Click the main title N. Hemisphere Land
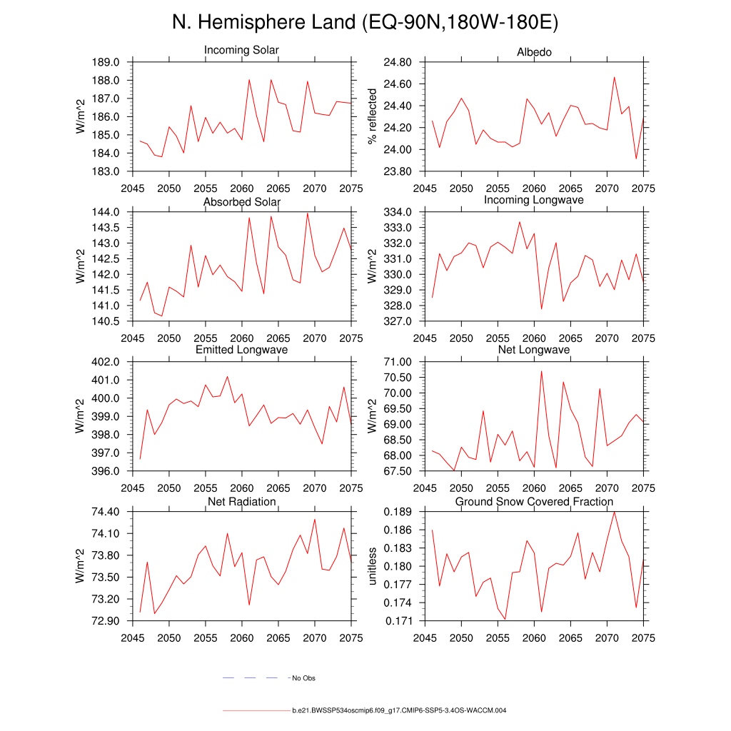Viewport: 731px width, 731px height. tap(365, 23)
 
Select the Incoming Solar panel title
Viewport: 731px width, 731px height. tap(241, 51)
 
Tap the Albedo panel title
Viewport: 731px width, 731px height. tap(534, 53)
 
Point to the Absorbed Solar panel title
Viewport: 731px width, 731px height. tap(241, 202)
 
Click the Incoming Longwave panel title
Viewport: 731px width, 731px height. tap(534, 200)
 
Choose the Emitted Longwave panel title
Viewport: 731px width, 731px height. tap(241, 350)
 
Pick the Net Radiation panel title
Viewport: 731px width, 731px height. tap(241, 502)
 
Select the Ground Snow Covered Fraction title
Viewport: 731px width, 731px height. tap(534, 502)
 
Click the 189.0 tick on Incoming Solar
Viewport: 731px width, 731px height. tap(105, 63)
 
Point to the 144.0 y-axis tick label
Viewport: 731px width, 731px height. tap(105, 213)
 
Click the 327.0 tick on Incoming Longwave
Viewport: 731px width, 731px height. tap(398, 321)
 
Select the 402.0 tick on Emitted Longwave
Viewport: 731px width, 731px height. tap(105, 362)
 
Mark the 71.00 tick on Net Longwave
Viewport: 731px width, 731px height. tap(395, 362)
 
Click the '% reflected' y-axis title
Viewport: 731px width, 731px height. tap(371, 116)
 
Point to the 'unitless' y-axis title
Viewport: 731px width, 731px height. tap(371, 566)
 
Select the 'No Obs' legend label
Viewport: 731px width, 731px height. tap(303, 678)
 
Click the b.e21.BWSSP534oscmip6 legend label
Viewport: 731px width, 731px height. tap(399, 711)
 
